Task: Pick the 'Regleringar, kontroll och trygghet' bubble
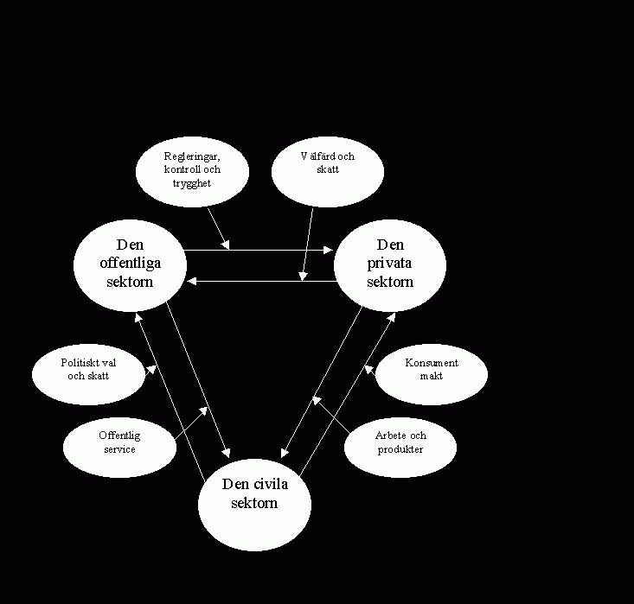(x=192, y=170)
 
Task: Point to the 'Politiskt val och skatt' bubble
(x=88, y=370)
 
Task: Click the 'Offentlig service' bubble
(x=118, y=442)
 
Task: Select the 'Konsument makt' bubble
(x=431, y=370)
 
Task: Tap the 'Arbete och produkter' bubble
(x=400, y=442)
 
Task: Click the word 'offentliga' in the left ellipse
(x=130, y=264)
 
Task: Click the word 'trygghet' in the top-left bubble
(x=192, y=183)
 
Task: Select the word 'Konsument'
(x=431, y=363)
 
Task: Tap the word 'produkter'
(x=400, y=449)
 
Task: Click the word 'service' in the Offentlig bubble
(x=119, y=449)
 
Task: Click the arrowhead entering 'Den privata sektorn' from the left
(x=329, y=251)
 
